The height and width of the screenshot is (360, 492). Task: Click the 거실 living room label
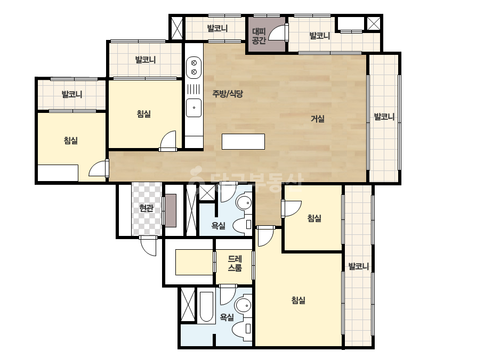click(318, 119)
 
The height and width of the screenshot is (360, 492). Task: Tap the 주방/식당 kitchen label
click(228, 93)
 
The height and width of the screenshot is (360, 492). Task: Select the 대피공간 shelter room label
click(259, 36)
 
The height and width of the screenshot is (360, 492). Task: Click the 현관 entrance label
click(146, 208)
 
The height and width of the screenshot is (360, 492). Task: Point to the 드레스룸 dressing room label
click(235, 264)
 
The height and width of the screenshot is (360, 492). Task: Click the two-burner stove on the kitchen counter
click(194, 68)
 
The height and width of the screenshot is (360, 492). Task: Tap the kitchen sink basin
click(194, 108)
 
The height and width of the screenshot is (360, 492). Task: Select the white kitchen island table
click(243, 142)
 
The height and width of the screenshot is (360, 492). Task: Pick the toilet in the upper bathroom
click(242, 224)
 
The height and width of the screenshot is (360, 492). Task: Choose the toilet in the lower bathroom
click(242, 329)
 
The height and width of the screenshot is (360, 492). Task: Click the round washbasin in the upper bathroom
click(244, 203)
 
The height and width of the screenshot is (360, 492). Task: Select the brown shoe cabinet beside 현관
click(171, 210)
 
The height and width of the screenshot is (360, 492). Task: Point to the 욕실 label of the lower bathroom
click(227, 317)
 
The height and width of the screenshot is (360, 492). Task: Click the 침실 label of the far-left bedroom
click(70, 140)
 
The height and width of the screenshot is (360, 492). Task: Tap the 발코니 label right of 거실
click(384, 117)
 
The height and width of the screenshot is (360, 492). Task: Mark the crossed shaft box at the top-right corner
click(373, 23)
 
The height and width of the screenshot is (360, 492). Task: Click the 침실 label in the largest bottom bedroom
click(299, 300)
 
